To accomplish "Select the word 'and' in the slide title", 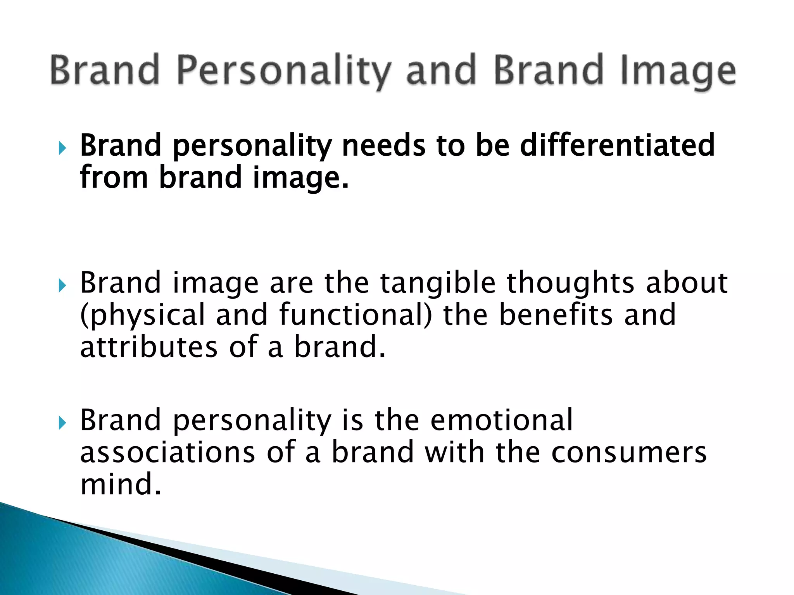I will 441,70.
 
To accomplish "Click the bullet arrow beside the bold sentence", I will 62,148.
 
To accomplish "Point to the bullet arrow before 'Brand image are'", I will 62,286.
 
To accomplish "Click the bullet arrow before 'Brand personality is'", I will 62,423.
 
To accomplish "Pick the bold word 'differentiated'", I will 617,145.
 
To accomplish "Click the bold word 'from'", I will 114,177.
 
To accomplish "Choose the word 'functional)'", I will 355,315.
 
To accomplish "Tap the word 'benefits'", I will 556,315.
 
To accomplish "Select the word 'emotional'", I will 502,420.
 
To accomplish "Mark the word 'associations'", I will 167,452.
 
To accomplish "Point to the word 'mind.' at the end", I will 120,484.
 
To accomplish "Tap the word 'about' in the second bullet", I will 687,283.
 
